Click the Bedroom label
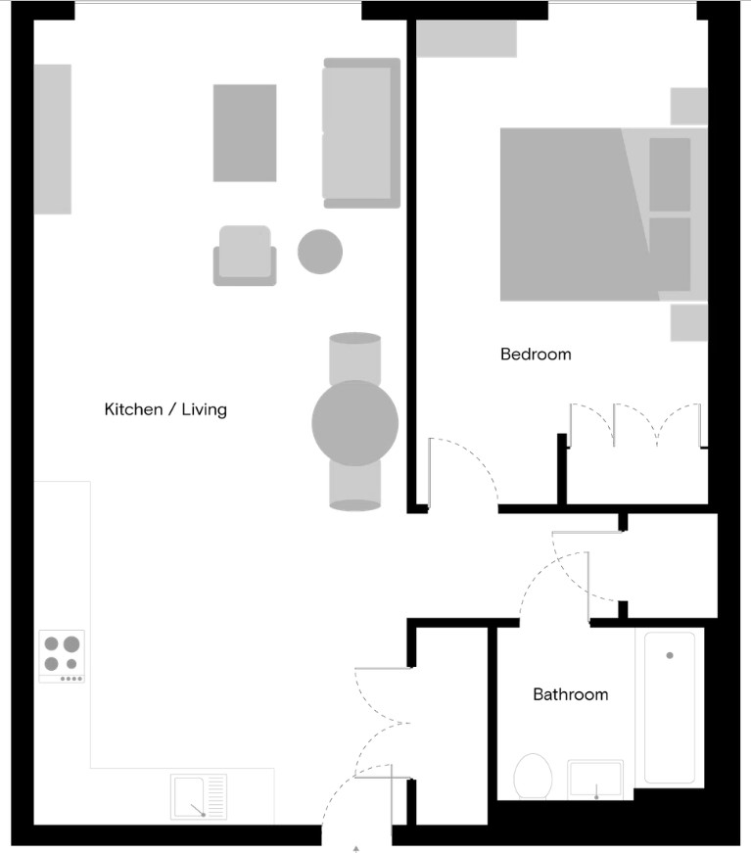(x=536, y=355)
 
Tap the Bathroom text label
(x=571, y=694)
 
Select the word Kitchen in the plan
(x=133, y=409)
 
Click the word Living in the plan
(x=204, y=409)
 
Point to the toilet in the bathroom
(x=533, y=777)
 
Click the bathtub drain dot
(x=670, y=655)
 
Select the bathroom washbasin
(x=595, y=780)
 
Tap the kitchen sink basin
(x=187, y=796)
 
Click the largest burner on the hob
(x=71, y=644)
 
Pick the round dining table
(x=355, y=423)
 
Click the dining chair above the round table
(x=355, y=357)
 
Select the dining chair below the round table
(x=355, y=487)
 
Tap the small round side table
(x=320, y=252)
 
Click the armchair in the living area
(x=245, y=256)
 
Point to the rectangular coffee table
(x=245, y=133)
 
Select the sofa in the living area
(x=361, y=133)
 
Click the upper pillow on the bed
(x=670, y=174)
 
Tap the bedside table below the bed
(x=689, y=322)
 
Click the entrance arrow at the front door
(x=356, y=849)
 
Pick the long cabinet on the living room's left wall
(x=53, y=139)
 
